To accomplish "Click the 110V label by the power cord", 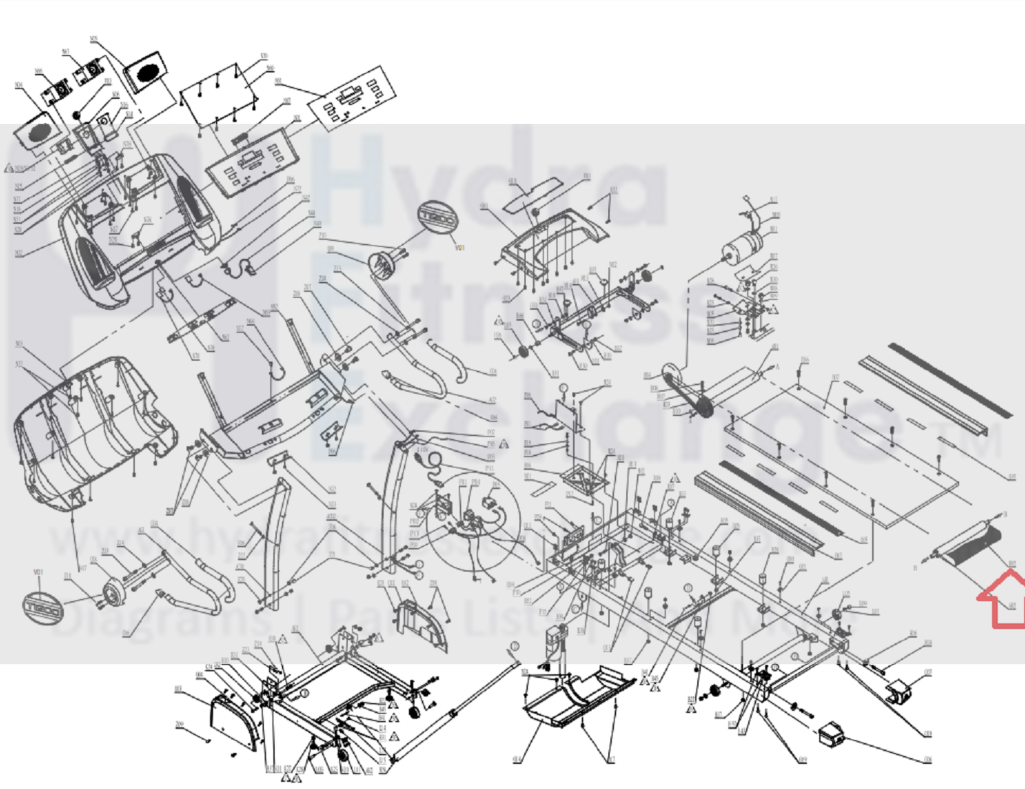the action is click(423, 450).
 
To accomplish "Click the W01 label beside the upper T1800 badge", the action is click(459, 248).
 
